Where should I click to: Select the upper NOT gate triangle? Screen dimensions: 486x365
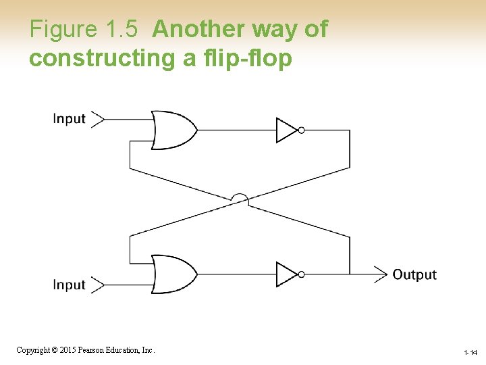[286, 130]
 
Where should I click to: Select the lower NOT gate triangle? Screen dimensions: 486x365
[286, 274]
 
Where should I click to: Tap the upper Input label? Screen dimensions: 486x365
[70, 119]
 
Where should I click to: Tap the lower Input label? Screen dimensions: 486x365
[70, 285]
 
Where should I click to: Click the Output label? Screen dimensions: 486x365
[414, 274]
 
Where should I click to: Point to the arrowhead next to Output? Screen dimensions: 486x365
[381, 274]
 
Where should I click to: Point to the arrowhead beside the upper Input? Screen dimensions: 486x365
[98, 120]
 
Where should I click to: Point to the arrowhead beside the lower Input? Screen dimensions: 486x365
[98, 285]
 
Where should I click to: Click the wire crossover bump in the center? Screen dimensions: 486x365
[240, 199]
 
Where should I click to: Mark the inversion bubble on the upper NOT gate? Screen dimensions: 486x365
[301, 130]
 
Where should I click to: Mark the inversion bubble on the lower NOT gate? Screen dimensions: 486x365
[301, 274]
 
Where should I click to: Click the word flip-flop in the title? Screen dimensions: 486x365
[247, 58]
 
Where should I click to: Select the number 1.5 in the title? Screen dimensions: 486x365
[122, 29]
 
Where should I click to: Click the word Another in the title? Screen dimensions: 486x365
[200, 29]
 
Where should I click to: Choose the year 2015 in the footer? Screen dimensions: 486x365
[65, 350]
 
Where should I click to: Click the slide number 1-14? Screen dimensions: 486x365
[470, 353]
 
